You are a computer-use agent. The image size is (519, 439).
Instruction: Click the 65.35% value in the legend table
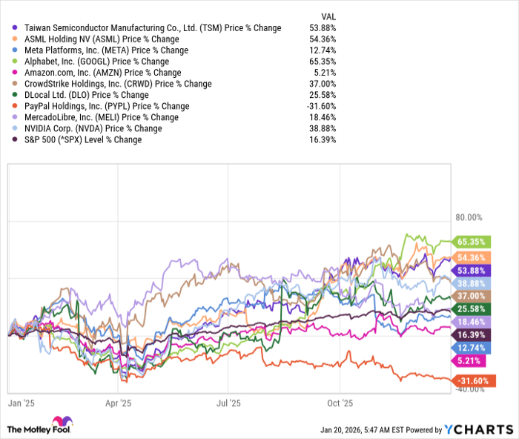324,62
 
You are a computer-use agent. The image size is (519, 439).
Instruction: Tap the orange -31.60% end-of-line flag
475,380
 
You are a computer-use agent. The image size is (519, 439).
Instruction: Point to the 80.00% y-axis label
469,218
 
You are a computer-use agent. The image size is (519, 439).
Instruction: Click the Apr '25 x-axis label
119,403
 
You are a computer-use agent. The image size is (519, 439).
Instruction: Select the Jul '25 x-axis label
228,403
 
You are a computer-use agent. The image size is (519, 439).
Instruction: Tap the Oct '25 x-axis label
339,403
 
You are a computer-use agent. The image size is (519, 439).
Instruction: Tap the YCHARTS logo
477,429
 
